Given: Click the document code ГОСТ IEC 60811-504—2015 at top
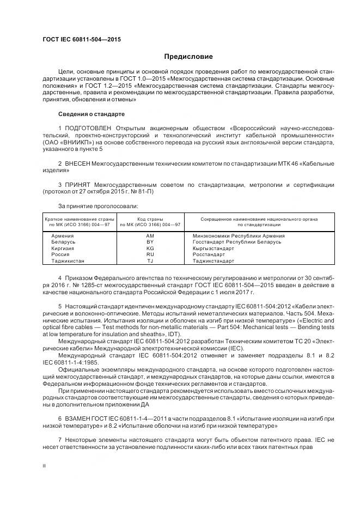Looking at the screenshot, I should point(81,40).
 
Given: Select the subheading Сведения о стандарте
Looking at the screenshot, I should point(91,114).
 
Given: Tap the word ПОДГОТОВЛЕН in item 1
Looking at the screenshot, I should point(87,128).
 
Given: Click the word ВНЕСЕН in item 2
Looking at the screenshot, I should point(78,163).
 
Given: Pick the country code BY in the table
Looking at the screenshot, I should point(150,242).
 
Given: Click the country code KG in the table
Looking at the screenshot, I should point(150,248).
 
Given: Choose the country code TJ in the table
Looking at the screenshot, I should point(150,261).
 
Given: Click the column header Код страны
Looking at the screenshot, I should point(150,218).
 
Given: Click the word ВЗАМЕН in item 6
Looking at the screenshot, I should point(80,418).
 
